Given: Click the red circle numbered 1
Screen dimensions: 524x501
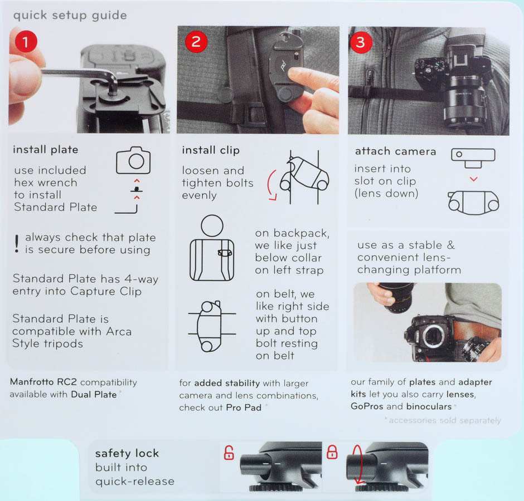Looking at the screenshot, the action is (x=26, y=41).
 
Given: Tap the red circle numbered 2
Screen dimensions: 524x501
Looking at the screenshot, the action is (x=196, y=41).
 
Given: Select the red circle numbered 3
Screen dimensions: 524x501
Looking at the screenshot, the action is (x=360, y=42).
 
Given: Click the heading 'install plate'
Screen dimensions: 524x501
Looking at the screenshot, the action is (x=46, y=150).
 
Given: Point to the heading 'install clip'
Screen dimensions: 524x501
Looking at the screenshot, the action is (x=211, y=150).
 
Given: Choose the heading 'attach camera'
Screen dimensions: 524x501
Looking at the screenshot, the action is (x=395, y=151).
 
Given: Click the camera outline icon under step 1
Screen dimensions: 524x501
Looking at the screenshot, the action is (x=133, y=160).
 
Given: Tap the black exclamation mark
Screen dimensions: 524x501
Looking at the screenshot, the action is (x=17, y=243).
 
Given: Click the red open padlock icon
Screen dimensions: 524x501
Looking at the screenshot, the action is (x=229, y=453).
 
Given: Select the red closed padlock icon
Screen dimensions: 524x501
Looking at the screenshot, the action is (x=332, y=452).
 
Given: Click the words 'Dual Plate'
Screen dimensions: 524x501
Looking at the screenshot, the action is (x=94, y=395).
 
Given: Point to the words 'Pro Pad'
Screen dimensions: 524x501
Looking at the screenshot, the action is (x=244, y=407).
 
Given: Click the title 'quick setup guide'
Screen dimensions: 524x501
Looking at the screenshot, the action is (x=70, y=16).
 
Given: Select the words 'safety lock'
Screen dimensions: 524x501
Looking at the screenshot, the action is (x=127, y=453).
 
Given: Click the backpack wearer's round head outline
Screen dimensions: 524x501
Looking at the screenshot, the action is (x=212, y=225).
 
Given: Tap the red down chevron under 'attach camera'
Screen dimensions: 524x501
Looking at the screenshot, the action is (x=473, y=179).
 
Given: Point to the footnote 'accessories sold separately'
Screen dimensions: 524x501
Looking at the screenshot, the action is (x=445, y=420).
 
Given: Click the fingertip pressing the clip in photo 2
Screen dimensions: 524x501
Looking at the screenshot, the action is (x=294, y=73).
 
